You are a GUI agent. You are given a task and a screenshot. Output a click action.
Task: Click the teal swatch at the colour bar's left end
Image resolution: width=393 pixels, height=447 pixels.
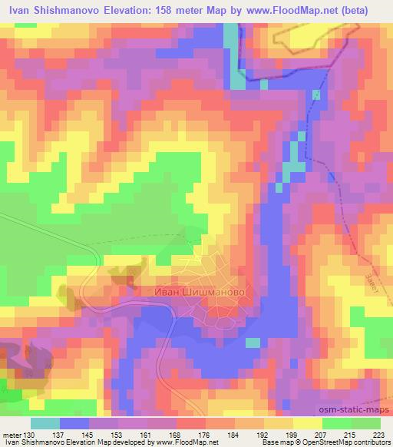tap(45, 423)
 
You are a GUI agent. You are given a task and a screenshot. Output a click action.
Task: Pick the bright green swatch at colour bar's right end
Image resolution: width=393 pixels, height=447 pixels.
tap(365, 423)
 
